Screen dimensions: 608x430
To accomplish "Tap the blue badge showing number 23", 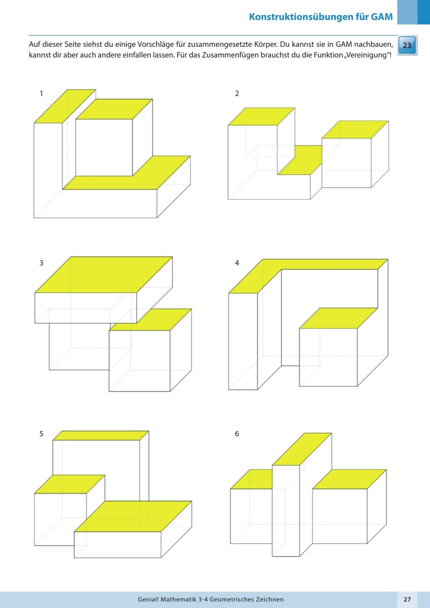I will [407, 46].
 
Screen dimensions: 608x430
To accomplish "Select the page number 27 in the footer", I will [407, 599].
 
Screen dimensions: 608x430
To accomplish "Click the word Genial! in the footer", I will [151, 599].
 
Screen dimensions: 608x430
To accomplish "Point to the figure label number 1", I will [41, 94].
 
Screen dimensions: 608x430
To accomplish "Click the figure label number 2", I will [237, 94].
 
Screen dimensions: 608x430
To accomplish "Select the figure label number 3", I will [41, 263].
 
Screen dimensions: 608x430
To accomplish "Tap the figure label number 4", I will [237, 263].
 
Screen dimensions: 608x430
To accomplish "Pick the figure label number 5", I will [41, 434].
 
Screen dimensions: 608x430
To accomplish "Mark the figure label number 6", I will [237, 434].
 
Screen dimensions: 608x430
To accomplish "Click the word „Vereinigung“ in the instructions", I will [370, 56].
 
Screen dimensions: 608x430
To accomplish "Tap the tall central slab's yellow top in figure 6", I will [302, 449].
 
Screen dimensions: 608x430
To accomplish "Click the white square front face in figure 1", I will [104, 147].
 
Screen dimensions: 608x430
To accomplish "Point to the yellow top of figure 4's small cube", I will [338, 318].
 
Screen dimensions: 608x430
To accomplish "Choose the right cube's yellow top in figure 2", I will [355, 130].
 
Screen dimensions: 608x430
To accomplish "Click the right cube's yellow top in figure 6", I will [349, 479].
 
